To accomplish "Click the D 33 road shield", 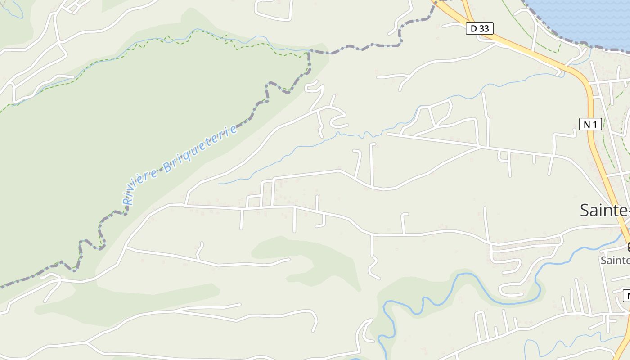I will coord(480,29).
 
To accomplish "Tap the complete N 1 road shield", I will coord(590,124).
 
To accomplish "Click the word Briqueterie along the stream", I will coord(200,149).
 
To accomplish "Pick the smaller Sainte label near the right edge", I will coord(615,260).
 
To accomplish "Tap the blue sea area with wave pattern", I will coord(585,18).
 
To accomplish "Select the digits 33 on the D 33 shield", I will coord(484,29).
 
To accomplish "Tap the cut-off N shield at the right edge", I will coord(626,296).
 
